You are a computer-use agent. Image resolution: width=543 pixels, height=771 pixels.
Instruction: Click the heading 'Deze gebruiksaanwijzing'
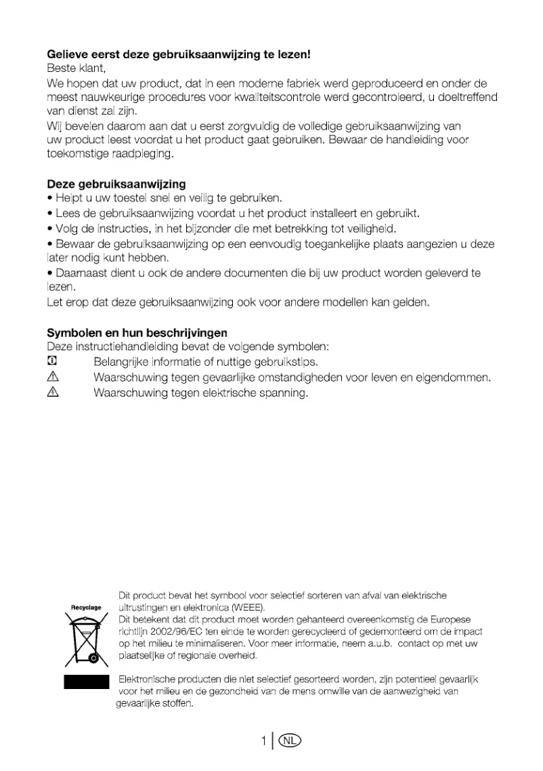(116, 184)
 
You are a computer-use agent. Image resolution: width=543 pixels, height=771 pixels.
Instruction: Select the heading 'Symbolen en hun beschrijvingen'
(137, 333)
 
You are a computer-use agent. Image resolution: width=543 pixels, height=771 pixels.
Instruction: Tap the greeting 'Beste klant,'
(77, 68)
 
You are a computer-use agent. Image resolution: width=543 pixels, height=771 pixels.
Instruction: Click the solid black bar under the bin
(86, 682)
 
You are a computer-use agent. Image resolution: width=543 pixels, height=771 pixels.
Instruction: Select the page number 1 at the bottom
(263, 741)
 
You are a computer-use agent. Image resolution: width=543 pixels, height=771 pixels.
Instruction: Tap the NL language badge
(289, 741)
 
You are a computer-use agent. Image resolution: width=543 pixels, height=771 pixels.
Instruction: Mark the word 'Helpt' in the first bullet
(68, 199)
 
